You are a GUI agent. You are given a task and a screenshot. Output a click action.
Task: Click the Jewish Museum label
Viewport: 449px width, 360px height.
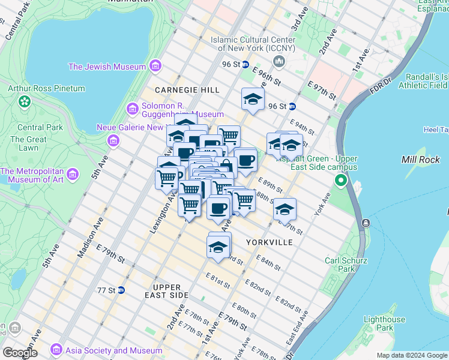107,67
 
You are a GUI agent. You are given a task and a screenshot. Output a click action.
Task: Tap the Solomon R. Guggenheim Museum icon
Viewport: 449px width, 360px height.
133,109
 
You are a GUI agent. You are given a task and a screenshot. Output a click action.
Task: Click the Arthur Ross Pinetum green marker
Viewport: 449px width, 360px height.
25,101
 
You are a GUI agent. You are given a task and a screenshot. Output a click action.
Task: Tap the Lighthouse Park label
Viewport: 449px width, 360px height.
384,323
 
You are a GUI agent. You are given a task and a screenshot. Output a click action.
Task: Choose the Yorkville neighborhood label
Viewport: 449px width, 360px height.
270,242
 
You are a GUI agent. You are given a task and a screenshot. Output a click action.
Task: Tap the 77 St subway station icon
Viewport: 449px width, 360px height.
121,290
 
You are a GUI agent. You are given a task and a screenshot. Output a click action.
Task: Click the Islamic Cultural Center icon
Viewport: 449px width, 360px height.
279,61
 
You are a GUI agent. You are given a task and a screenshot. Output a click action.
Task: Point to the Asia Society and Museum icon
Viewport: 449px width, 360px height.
56,349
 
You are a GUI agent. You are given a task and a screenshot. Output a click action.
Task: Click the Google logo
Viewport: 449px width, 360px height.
19,352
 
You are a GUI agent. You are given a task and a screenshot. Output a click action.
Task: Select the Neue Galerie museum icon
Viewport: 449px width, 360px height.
112,141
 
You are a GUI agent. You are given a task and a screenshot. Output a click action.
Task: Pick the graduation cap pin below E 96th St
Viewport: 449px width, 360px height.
253,100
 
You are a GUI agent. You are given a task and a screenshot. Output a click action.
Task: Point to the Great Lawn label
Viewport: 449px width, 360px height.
28,143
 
